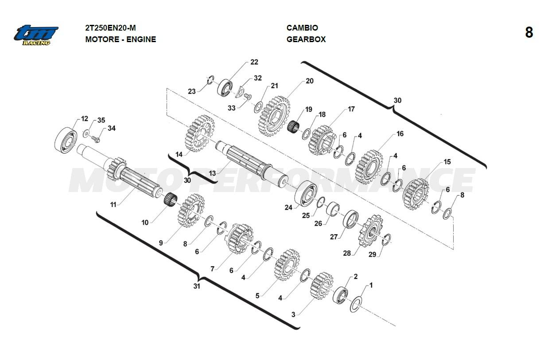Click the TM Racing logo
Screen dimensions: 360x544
(x=36, y=35)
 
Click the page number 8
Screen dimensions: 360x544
(x=529, y=33)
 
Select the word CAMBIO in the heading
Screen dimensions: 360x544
(x=302, y=28)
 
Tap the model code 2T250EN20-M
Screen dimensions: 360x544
(x=108, y=28)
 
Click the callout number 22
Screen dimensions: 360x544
(x=254, y=62)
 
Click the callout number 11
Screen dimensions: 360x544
(x=113, y=205)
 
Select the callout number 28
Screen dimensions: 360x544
(x=347, y=253)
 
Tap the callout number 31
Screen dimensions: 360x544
(x=197, y=286)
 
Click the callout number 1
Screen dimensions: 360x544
(x=371, y=286)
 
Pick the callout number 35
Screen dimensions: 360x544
(x=101, y=120)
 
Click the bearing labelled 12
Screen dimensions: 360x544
(x=66, y=138)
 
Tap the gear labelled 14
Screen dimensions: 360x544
(x=201, y=133)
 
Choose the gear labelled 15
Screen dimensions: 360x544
(x=416, y=195)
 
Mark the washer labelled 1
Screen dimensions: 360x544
(x=355, y=305)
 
